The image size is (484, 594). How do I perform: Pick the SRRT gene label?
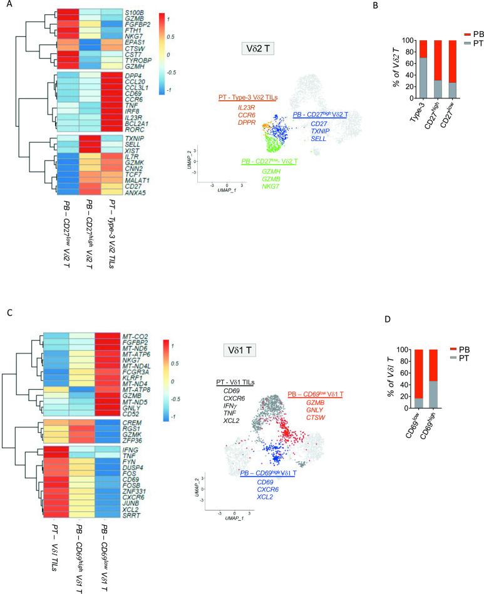click(x=131, y=516)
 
